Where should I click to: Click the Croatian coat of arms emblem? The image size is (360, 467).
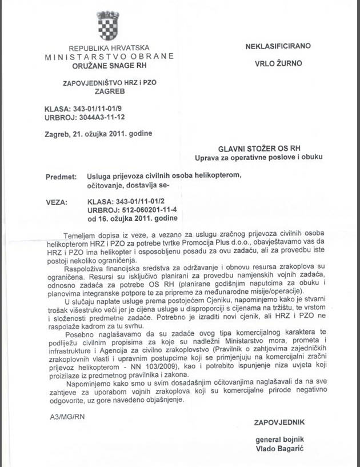(x=107, y=26)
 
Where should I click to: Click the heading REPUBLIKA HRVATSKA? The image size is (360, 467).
(x=109, y=49)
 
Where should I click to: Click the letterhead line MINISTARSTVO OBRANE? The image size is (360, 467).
(x=109, y=57)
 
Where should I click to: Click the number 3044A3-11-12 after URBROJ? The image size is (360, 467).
(x=103, y=117)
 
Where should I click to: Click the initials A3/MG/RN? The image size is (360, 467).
(x=67, y=417)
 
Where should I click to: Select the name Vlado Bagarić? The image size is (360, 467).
(x=279, y=448)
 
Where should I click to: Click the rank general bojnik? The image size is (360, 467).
(x=279, y=440)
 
